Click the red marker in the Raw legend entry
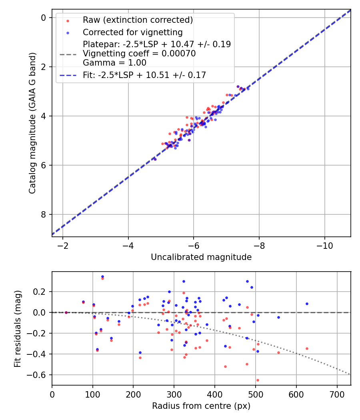tap(68, 20)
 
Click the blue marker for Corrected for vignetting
tap(68, 32)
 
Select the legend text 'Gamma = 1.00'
tap(114, 63)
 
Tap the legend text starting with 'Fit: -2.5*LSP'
tap(144, 75)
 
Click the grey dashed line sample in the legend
tap(68, 54)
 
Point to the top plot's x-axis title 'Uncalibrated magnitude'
tap(201, 257)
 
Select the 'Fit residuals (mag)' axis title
tap(18, 329)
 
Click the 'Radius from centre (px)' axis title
tap(201, 406)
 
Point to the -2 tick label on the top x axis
tap(63, 245)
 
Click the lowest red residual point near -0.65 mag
tap(258, 380)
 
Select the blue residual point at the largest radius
tap(307, 304)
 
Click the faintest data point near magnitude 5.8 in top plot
tap(155, 159)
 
